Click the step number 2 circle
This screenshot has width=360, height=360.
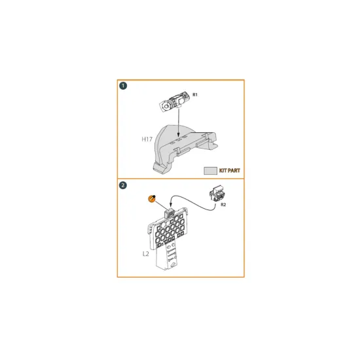point(123,185)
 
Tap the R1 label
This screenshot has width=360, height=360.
point(195,95)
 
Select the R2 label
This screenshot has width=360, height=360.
point(223,205)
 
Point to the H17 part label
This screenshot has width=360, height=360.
point(147,139)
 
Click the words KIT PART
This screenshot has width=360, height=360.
point(230,170)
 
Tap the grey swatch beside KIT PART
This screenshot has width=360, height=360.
point(210,170)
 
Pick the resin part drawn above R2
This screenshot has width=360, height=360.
point(217,194)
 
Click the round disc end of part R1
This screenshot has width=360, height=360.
point(166,105)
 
